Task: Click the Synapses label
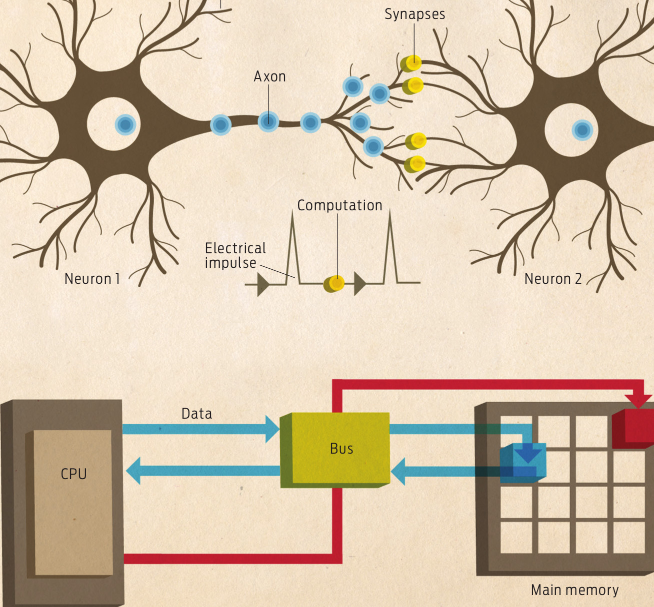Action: [414, 14]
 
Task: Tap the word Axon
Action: [269, 76]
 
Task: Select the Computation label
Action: [339, 205]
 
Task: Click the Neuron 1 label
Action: [92, 279]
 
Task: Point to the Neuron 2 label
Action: [553, 279]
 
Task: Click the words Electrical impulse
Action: [235, 255]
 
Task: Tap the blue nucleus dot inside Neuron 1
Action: [125, 124]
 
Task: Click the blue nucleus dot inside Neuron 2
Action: [582, 130]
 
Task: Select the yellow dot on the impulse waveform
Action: [335, 283]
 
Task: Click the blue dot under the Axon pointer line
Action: [268, 121]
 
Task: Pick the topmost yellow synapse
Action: [412, 63]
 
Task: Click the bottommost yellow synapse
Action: [415, 163]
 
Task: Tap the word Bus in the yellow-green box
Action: [341, 449]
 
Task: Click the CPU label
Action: [73, 474]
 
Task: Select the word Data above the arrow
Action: [196, 414]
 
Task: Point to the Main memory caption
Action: [574, 590]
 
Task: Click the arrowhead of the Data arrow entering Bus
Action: [272, 429]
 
